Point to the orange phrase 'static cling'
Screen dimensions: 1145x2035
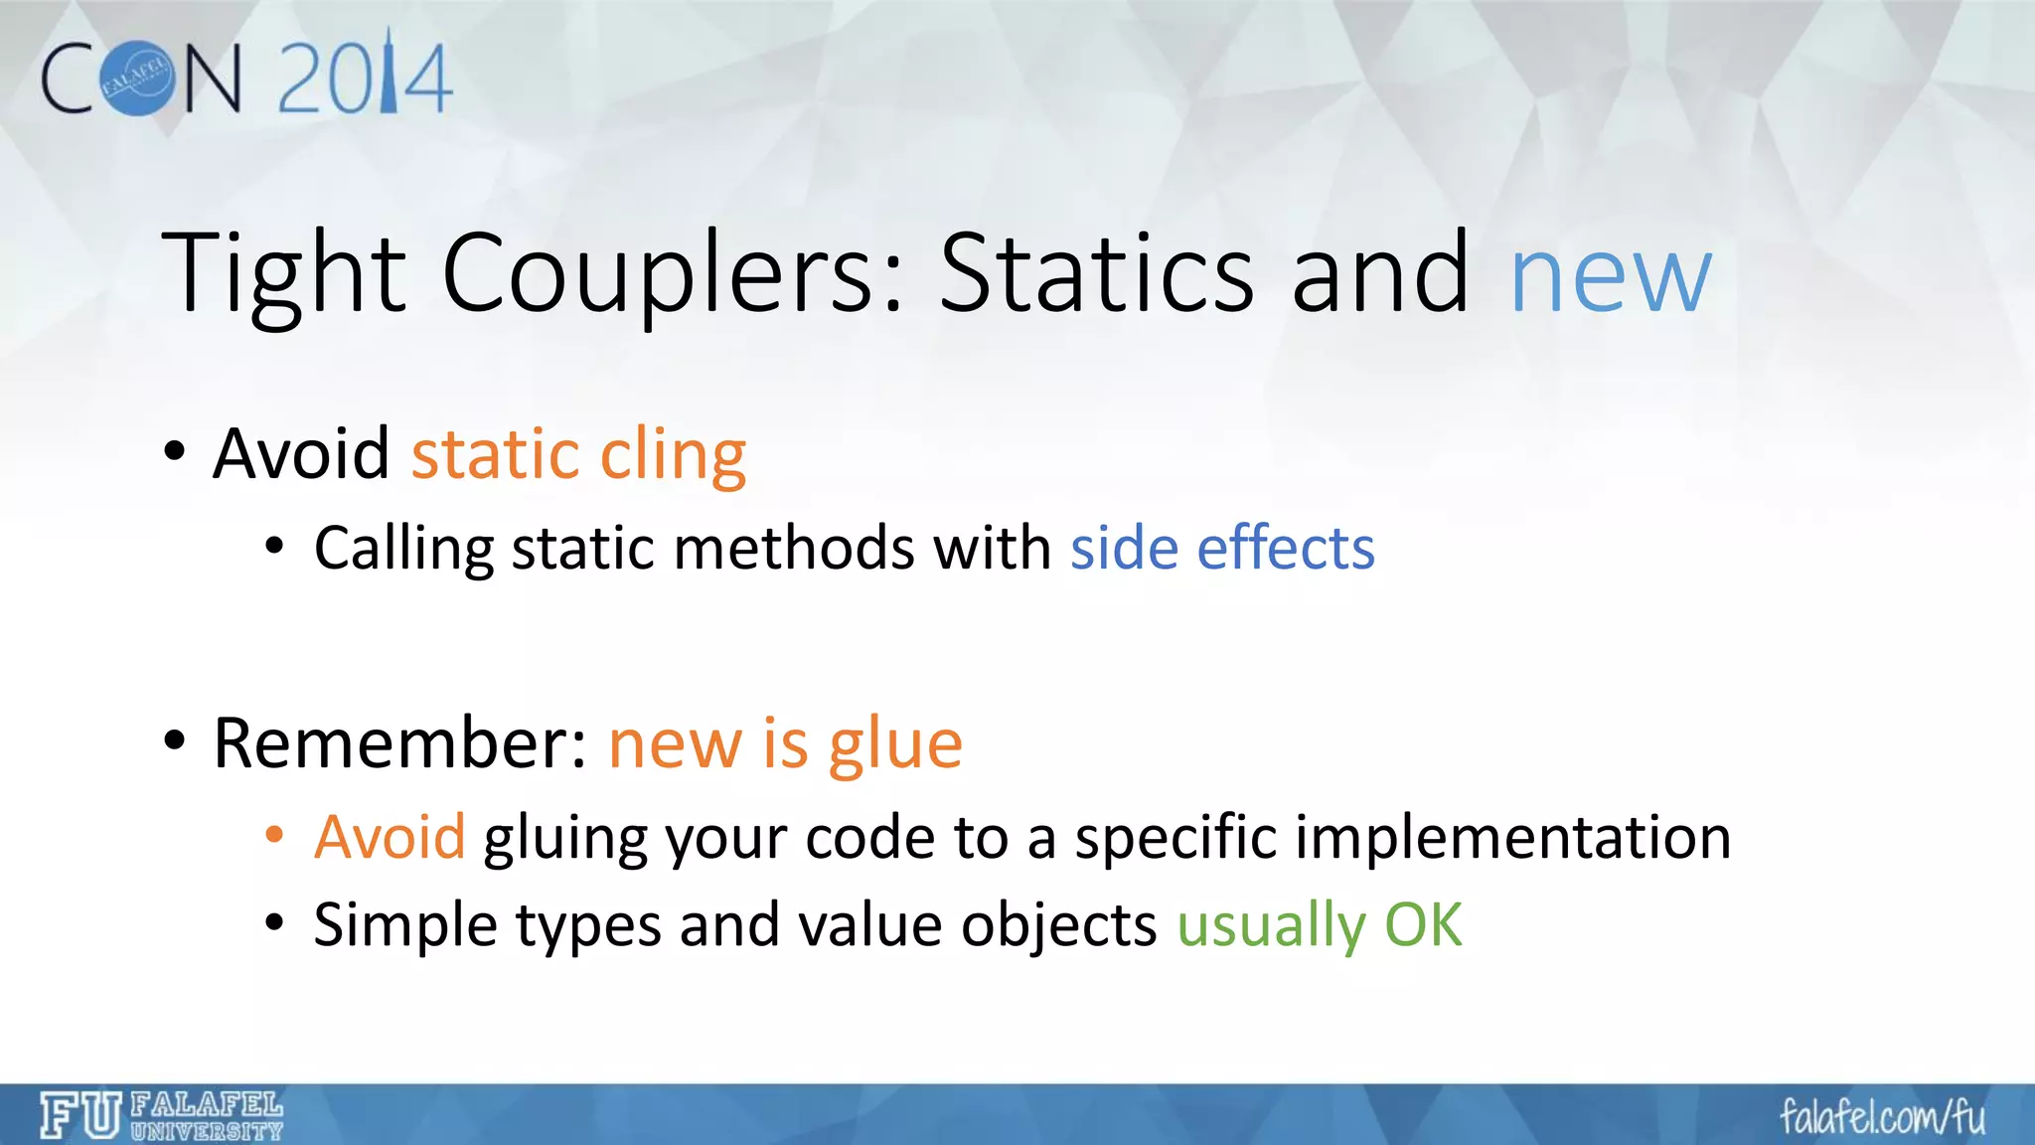(578, 455)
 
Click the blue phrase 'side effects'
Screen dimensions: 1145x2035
(1222, 548)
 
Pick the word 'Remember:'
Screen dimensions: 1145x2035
(400, 743)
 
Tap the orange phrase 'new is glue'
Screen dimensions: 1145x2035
(785, 743)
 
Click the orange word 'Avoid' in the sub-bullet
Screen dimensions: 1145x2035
(390, 836)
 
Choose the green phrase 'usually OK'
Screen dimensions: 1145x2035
(1320, 925)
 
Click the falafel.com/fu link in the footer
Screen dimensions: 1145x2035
(1882, 1117)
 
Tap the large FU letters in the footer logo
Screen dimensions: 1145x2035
(80, 1115)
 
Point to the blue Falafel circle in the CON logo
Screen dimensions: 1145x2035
(137, 79)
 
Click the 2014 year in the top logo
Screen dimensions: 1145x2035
(365, 78)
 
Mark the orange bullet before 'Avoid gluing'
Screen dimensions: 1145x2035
(275, 834)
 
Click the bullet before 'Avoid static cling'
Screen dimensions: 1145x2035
(175, 452)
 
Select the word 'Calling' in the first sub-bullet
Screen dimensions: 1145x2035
(403, 548)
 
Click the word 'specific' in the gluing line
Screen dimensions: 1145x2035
(1175, 836)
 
